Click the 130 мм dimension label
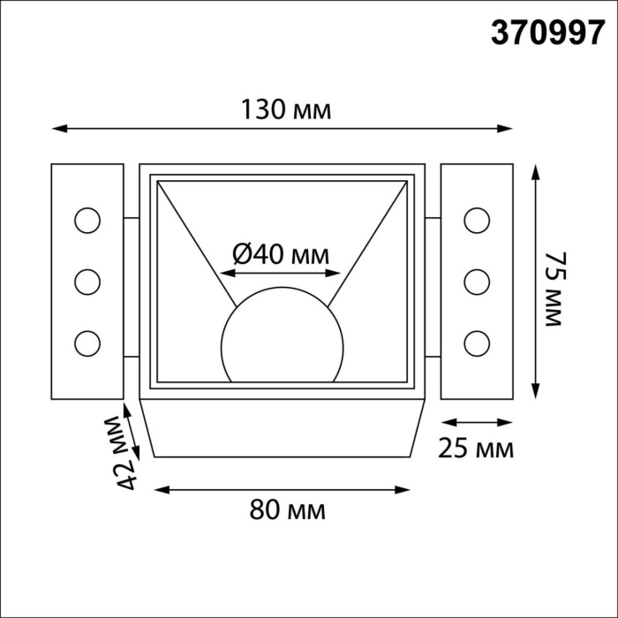tap(286, 110)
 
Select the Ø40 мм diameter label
tap(280, 254)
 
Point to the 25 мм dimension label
tap(476, 448)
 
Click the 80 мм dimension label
tap(288, 510)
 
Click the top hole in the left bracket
tap(87, 220)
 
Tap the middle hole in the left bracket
tap(87, 282)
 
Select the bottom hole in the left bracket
tap(87, 342)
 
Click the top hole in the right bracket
tap(477, 220)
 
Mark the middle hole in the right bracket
tap(477, 282)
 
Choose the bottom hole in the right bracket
tap(477, 342)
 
